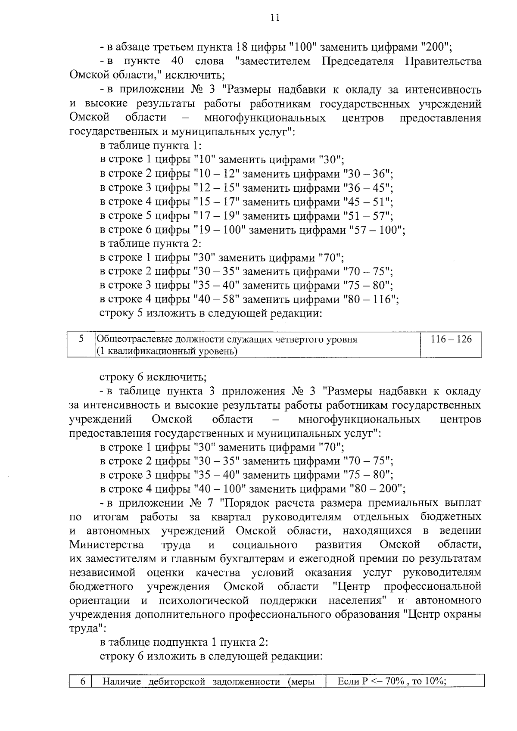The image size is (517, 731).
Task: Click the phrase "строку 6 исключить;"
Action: pos(153,378)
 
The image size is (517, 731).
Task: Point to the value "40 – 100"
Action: pos(220,489)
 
